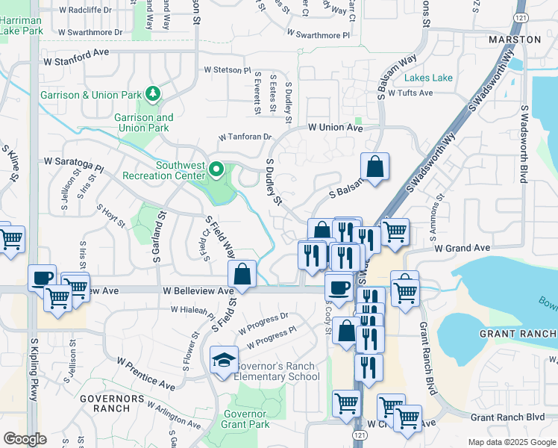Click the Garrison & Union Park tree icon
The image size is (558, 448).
point(153,93)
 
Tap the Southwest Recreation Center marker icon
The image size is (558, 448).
point(216,170)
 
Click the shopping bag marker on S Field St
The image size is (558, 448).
point(242,274)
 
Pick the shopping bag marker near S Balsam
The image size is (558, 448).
point(374,168)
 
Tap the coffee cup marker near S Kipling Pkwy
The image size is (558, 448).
point(42,279)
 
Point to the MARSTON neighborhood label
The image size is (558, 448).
point(514,39)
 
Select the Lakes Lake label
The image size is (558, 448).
point(428,78)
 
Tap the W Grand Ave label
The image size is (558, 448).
point(463,247)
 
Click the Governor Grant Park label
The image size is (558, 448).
point(245,420)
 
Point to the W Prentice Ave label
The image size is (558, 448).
point(146,373)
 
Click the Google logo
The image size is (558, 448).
point(25,439)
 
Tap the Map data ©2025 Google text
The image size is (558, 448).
point(511,442)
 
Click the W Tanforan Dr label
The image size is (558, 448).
point(245,137)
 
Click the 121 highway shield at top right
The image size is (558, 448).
point(521,16)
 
